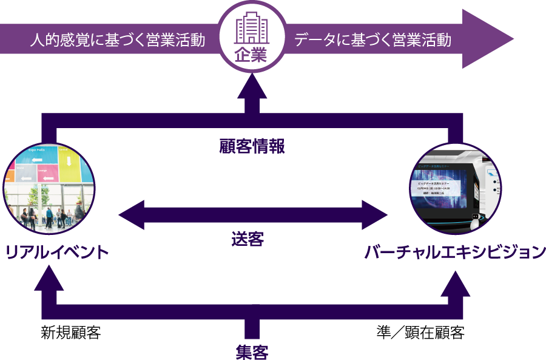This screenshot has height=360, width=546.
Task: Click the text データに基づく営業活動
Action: [x=372, y=41]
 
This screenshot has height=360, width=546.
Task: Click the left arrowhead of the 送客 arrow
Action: [x=130, y=214]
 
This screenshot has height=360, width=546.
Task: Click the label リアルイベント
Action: [x=57, y=252]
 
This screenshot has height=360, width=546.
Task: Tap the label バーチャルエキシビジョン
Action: [x=455, y=252]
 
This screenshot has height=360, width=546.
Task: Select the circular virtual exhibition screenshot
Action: [x=456, y=188]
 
